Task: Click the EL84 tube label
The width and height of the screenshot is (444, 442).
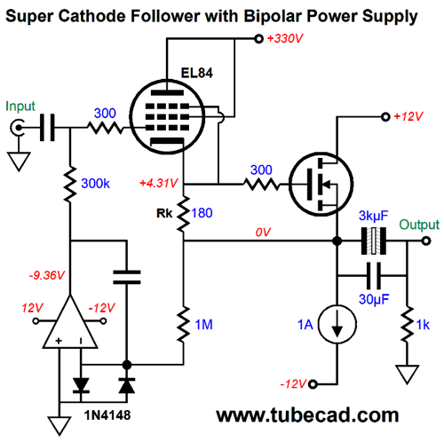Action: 197,73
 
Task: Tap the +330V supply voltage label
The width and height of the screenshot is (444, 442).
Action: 285,38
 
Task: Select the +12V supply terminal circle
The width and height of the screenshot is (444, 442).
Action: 385,117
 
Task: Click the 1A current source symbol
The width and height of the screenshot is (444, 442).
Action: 337,324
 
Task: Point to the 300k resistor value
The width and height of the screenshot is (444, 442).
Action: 95,184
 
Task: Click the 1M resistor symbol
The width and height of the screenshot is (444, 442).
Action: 184,325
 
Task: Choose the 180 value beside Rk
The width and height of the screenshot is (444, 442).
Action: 202,213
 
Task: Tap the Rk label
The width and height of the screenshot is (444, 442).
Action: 164,213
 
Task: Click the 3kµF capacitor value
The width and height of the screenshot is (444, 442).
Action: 373,216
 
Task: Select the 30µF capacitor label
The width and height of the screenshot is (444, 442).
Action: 374,299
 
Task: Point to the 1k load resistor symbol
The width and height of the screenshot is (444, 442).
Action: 408,325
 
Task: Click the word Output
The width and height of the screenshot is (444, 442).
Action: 419,225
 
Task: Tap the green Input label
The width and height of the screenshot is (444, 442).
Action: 20,107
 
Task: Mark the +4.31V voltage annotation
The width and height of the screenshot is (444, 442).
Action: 159,183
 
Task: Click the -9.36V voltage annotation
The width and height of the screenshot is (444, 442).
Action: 47,275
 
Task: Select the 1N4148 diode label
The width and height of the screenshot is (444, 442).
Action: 107,415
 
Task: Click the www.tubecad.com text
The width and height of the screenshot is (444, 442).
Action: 307,415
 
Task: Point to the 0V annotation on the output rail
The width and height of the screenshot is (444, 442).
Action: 263,233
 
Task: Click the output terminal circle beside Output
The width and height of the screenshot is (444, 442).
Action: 426,241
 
